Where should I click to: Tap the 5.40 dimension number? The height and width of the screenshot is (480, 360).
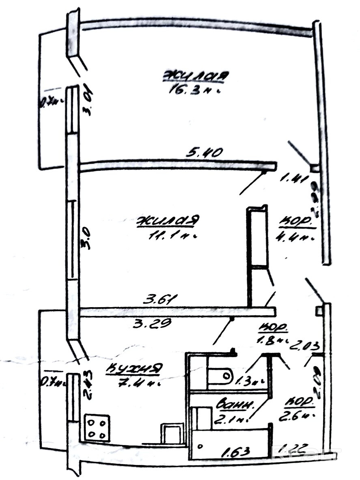[x=205, y=153]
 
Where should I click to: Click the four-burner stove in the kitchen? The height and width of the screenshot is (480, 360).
[x=97, y=427]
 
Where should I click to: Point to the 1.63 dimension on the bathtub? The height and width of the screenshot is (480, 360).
[x=235, y=450]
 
